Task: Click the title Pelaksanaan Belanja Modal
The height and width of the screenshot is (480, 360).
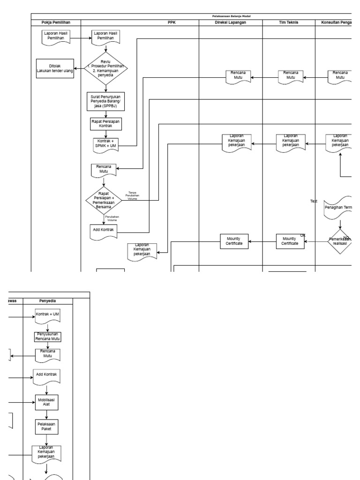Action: point(238,16)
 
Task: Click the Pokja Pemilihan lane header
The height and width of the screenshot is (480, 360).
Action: point(56,22)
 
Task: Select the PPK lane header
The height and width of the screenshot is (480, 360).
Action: point(172,22)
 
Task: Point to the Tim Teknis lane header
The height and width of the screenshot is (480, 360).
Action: point(289,22)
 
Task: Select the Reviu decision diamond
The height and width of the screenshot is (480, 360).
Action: point(106,69)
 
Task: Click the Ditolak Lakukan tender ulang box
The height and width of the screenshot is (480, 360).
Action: point(55,69)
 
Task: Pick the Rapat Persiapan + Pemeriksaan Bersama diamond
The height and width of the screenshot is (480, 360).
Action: point(104,200)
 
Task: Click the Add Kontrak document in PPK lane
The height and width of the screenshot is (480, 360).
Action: point(104,231)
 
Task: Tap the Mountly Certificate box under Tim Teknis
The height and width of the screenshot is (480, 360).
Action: point(290,241)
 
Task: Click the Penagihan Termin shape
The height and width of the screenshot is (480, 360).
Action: point(339,207)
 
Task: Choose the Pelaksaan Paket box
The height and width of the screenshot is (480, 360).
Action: point(46,427)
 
